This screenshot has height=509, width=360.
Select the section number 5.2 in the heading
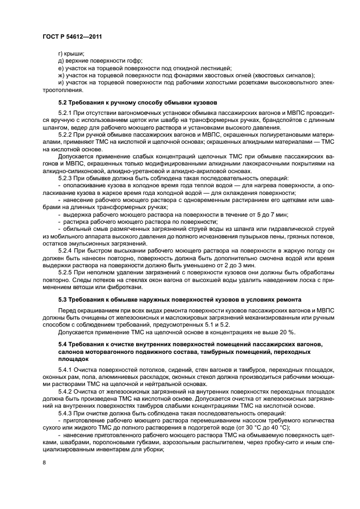click(x=63, y=102)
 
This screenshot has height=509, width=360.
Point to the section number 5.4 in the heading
click(x=63, y=345)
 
